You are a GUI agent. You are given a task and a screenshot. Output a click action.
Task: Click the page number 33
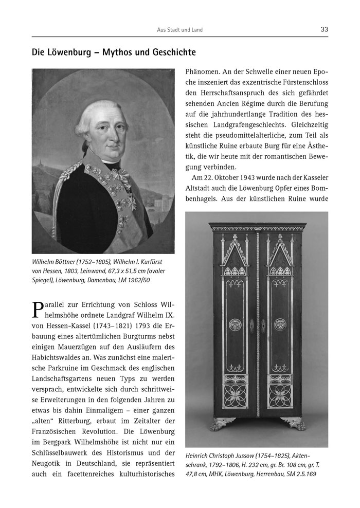323,29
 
